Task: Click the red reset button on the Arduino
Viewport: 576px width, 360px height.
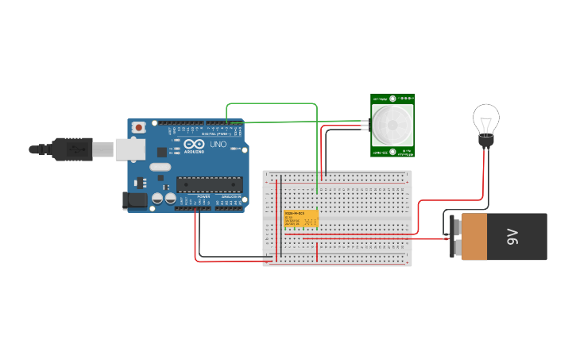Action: pos(139,126)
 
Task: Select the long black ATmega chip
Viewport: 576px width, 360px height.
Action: pos(209,184)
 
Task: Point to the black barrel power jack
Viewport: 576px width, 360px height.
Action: pos(136,200)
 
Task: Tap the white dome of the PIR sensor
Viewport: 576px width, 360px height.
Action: pos(392,126)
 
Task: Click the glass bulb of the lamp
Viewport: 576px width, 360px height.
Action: pos(485,120)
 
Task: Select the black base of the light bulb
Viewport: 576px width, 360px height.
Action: pos(485,141)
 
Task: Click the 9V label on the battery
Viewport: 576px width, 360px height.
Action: pos(513,236)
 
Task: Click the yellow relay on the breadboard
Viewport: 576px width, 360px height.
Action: pos(301,219)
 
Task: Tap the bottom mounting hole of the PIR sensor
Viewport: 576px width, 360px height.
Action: pos(392,151)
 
